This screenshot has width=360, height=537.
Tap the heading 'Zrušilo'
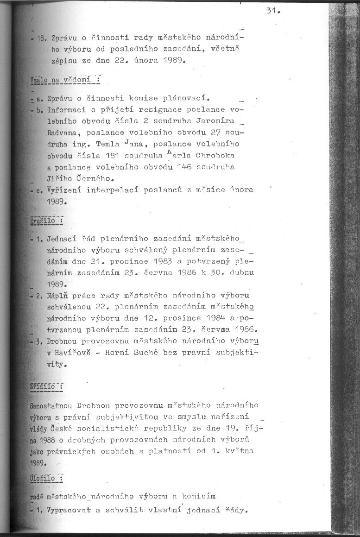pos(46,221)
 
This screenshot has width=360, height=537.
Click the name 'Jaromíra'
pos(217,121)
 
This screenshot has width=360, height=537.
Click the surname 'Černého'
pos(94,178)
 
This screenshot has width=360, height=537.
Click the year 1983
pos(164,261)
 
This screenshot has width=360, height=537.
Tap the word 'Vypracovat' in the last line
pos(67,512)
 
